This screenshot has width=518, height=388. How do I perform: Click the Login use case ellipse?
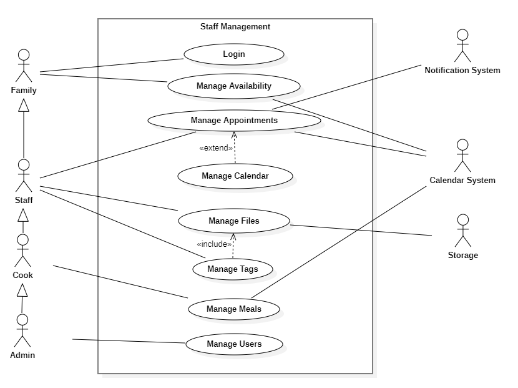(x=234, y=54)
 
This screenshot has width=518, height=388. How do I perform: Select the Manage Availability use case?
(x=234, y=86)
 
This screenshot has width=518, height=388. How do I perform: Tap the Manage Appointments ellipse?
(x=234, y=120)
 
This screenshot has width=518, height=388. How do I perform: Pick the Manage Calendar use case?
(x=235, y=176)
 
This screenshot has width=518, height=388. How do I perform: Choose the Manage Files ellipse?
(x=234, y=221)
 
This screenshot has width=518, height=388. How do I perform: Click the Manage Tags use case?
(x=232, y=269)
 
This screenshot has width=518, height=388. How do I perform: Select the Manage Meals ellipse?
(x=234, y=309)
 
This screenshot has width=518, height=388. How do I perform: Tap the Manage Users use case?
(x=234, y=344)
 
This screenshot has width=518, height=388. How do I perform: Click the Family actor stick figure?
(x=24, y=65)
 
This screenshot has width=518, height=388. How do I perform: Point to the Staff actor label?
(x=24, y=201)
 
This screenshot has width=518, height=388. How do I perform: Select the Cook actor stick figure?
(x=24, y=250)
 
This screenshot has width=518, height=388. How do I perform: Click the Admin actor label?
(x=22, y=356)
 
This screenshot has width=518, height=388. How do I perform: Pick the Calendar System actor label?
(x=462, y=181)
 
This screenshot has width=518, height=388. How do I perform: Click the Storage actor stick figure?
(x=462, y=231)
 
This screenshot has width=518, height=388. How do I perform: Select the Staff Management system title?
(x=235, y=27)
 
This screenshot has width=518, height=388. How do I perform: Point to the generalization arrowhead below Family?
(x=24, y=106)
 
